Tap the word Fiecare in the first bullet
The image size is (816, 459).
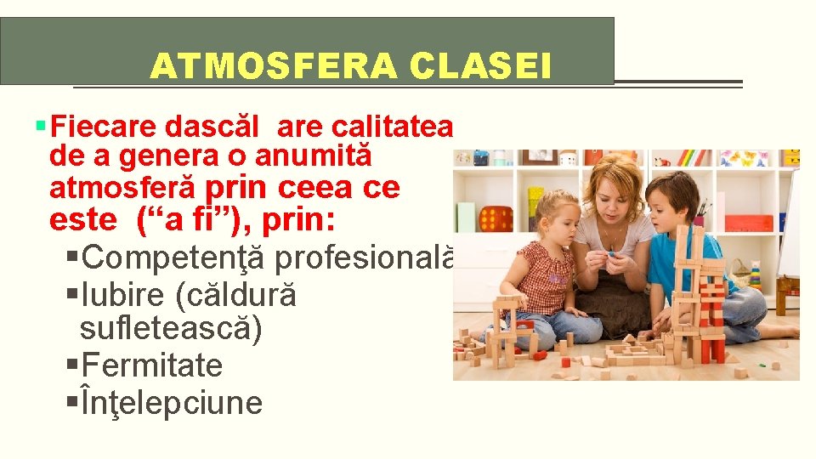point(104,127)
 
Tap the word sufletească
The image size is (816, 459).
point(170,328)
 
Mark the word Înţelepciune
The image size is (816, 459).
point(170,403)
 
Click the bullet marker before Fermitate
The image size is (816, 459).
point(71,365)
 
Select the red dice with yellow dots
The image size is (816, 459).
point(496,218)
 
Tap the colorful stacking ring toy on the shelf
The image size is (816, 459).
point(755,275)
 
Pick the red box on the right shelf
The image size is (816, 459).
point(748,223)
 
